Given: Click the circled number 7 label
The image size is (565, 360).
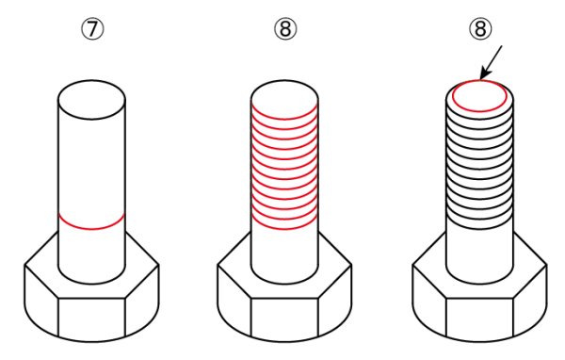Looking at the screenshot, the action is (92, 29).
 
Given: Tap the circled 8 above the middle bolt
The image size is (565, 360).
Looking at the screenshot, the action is (285, 29).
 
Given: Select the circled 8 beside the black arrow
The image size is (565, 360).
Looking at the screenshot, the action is (480, 29).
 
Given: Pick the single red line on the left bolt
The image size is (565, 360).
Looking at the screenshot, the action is (91, 229).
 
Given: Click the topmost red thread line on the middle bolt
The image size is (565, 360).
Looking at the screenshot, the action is (284, 119).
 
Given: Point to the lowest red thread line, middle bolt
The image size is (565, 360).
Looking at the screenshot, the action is (284, 229).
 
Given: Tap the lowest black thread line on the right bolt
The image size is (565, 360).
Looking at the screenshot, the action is (479, 229).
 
